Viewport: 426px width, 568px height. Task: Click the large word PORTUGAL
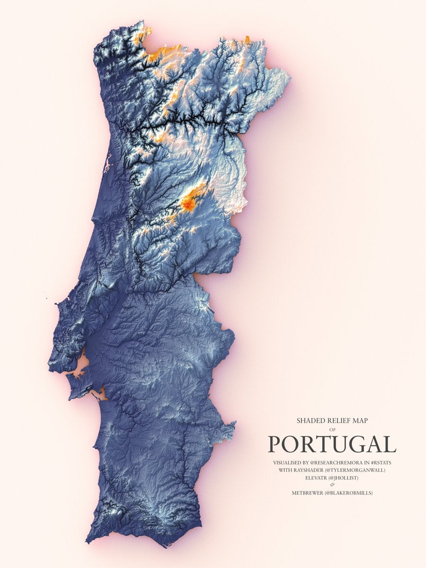pos(332,444)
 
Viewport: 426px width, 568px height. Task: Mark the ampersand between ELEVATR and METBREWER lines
pos(332,485)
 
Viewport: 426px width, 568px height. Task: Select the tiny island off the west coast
pos(47,297)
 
